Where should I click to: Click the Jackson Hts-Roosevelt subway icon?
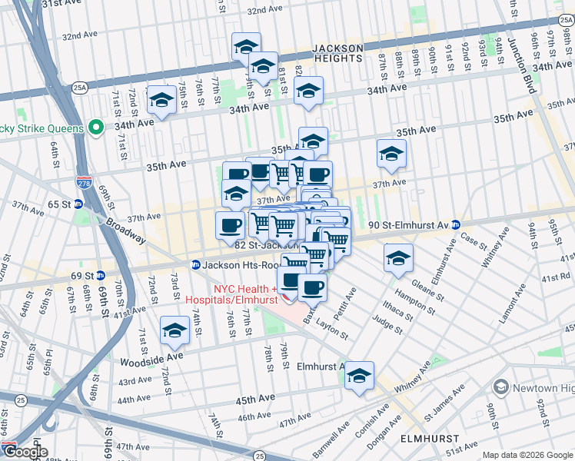[x=196, y=264]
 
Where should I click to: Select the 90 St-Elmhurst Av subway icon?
[x=455, y=225]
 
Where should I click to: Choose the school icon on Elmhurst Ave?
[x=359, y=376]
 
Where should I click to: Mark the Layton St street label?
[x=332, y=327]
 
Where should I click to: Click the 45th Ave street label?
[x=255, y=400]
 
